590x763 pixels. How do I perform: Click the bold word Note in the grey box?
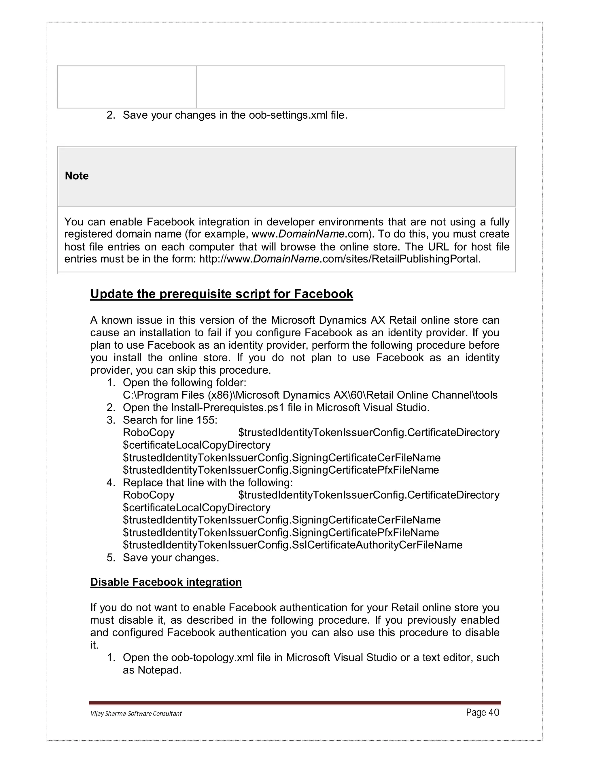click(77, 176)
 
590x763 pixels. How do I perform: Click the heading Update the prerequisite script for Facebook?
click(222, 294)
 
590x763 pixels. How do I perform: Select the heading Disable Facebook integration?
click(166, 582)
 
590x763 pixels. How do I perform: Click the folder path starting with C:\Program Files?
click(310, 395)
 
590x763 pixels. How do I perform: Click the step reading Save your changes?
click(171, 558)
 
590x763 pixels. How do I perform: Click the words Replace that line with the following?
click(208, 483)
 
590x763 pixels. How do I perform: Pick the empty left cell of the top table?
click(127, 87)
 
